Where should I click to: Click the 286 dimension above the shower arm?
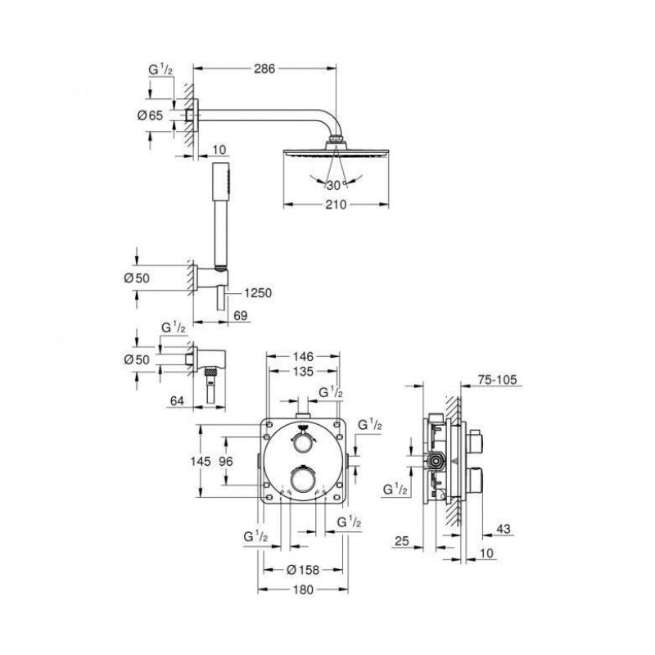[264, 69]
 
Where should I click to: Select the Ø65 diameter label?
[150, 115]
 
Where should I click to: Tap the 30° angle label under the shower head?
[337, 185]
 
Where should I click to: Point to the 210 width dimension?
[337, 205]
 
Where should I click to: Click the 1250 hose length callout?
[258, 293]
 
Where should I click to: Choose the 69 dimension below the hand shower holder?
[241, 316]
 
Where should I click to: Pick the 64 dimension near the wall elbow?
[177, 400]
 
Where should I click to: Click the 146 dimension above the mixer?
[303, 356]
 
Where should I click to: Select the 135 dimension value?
[303, 371]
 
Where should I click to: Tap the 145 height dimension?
[201, 461]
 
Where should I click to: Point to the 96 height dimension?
[226, 461]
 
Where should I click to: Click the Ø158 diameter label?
[303, 569]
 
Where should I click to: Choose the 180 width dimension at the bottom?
[303, 589]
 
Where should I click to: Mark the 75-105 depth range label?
[497, 379]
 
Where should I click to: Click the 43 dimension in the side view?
[504, 529]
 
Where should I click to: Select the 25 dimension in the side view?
[401, 541]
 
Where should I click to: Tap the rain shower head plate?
[337, 153]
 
